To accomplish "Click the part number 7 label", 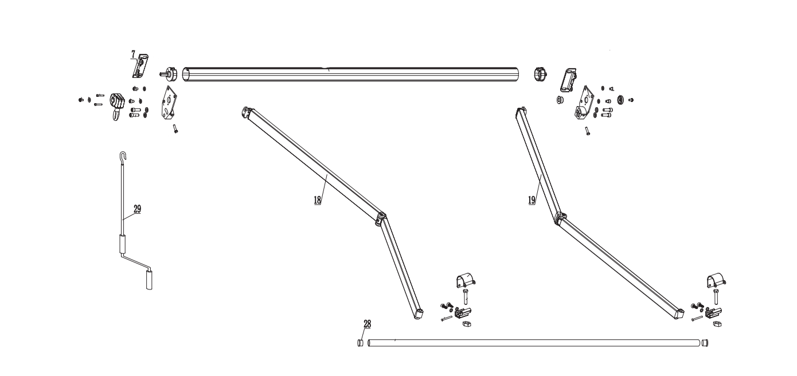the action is [133, 55].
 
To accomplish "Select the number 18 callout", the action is [318, 200].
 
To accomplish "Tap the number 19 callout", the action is [532, 200].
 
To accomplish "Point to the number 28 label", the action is [367, 324].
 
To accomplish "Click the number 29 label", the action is [138, 209].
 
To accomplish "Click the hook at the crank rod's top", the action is [123, 156].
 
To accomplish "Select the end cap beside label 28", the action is [361, 343].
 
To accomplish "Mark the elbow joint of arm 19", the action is [560, 218].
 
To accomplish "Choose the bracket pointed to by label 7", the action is [140, 66].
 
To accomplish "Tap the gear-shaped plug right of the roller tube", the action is [540, 74].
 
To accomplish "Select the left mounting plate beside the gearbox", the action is [169, 103].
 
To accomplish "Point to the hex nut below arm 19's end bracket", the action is [717, 324].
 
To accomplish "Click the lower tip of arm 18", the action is [419, 315].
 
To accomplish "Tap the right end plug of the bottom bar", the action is [705, 343].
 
